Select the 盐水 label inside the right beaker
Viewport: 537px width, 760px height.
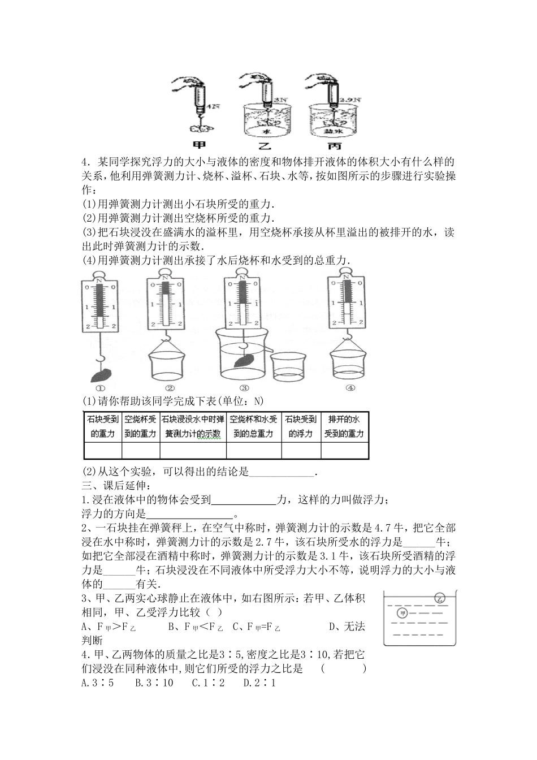331,131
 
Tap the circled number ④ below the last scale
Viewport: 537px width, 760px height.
350,388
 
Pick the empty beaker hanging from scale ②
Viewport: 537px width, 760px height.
168,365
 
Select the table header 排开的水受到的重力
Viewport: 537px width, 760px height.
345,427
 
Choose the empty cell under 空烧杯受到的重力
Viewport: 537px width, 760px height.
141,450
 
